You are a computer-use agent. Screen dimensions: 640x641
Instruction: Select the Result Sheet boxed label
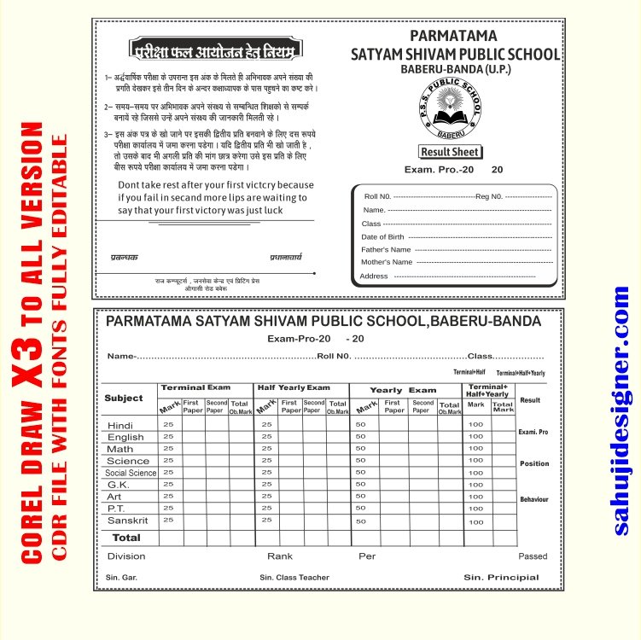coord(451,152)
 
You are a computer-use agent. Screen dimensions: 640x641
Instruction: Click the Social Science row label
coord(131,473)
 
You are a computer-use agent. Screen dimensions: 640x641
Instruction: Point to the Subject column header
coord(124,399)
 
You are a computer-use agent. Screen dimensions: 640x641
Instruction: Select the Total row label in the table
coord(126,538)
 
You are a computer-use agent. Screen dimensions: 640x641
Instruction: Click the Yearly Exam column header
coord(402,390)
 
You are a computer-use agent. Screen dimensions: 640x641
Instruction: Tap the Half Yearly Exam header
coord(294,388)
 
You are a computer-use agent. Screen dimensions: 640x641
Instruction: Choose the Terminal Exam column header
coord(195,388)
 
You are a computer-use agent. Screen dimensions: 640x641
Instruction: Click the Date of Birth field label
coord(382,237)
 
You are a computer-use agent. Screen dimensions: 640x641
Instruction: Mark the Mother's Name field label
coord(387,262)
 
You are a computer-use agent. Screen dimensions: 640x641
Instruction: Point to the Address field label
coord(374,276)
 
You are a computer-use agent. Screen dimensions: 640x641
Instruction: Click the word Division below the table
coord(126,556)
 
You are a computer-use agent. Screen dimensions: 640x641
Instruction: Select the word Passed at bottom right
coord(533,556)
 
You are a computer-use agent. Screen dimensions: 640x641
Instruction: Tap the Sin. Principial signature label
coord(501,578)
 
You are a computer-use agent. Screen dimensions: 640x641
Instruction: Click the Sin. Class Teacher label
coord(294,578)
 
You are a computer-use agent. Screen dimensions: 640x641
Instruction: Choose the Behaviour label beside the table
coord(534,499)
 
